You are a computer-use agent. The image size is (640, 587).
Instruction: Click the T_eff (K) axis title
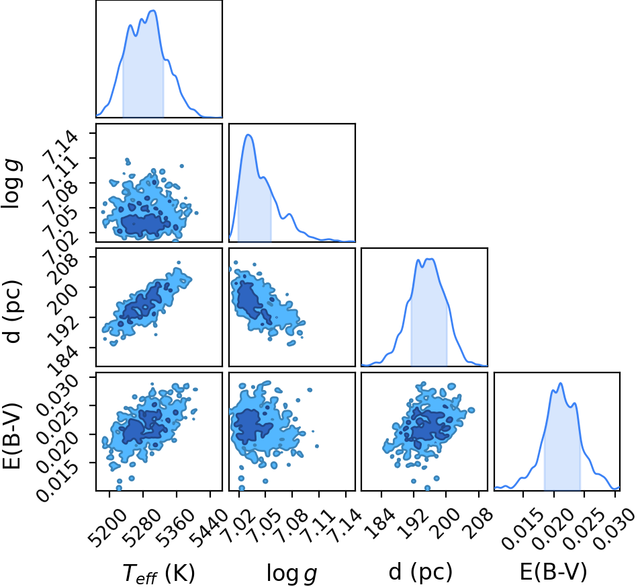pos(158,573)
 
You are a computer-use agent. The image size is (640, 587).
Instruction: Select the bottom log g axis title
pos(291,573)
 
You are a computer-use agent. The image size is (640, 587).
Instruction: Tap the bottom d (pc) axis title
pos(420,572)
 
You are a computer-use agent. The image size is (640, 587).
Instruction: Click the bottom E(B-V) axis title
pos(553,571)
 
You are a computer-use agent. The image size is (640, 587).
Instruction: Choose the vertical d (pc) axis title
pos(12,312)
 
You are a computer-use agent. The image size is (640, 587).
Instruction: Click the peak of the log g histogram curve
pos(248,134)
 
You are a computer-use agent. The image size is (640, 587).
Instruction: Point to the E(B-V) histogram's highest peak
pos(560,383)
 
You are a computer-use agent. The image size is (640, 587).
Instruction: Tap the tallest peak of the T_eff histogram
pos(154,11)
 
